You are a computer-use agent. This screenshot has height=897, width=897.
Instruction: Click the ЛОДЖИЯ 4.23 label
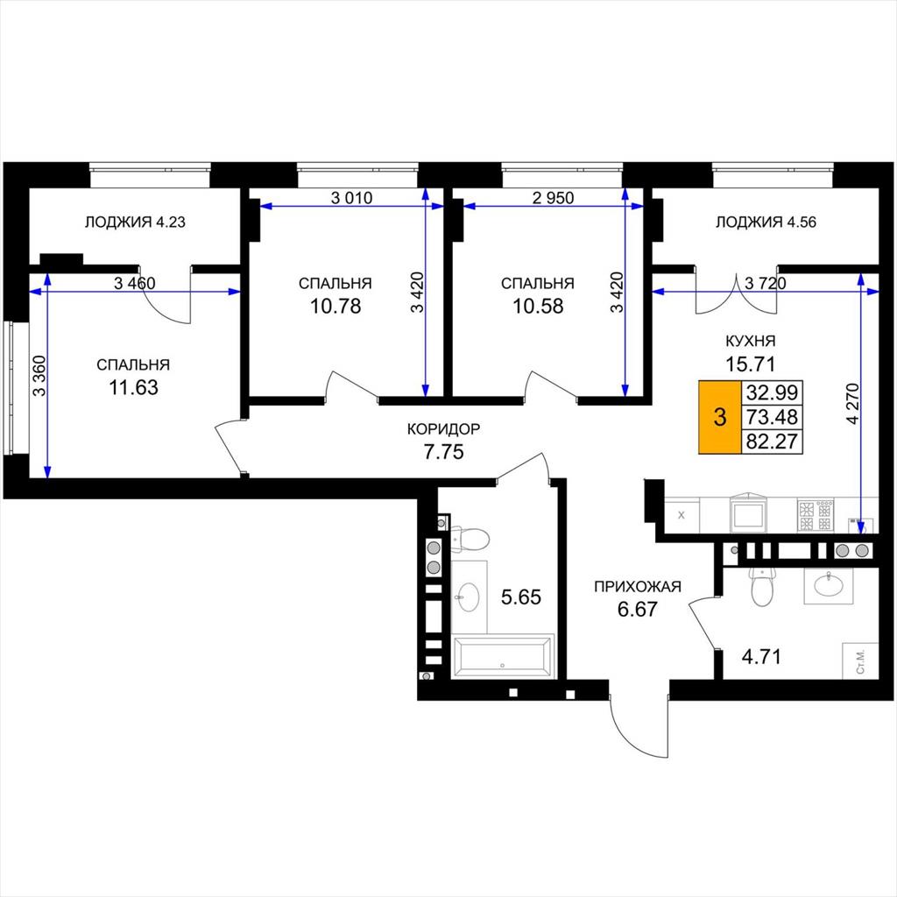tap(135, 222)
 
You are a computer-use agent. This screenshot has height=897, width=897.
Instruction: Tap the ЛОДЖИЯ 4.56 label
tap(766, 222)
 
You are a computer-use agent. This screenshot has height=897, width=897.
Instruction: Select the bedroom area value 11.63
tap(133, 387)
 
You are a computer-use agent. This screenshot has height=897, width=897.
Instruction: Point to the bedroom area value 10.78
tap(335, 306)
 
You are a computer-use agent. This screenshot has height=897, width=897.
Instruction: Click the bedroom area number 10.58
tap(538, 306)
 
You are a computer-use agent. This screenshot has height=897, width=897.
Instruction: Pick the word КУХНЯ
tap(751, 341)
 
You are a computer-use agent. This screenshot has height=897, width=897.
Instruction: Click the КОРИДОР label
tap(443, 428)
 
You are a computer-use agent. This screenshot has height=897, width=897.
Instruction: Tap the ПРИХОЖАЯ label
tap(638, 586)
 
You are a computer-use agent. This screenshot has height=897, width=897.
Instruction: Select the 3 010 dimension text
tap(352, 198)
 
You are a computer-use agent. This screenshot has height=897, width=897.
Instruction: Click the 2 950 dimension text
tap(554, 198)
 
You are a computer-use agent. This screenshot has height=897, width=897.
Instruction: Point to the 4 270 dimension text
tap(852, 404)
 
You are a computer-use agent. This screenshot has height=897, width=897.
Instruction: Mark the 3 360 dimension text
tap(39, 376)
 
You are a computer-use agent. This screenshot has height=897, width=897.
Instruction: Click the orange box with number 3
tap(720, 417)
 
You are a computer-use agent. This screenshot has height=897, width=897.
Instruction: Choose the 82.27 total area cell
tap(772, 441)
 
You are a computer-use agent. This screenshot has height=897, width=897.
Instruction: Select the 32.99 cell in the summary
tap(772, 392)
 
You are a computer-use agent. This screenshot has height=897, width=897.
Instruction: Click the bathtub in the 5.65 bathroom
tap(502, 656)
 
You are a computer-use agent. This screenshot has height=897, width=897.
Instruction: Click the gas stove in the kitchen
tap(816, 515)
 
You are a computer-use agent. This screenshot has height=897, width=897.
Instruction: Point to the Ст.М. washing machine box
tap(860, 661)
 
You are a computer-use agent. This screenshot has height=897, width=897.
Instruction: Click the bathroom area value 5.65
tap(520, 597)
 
